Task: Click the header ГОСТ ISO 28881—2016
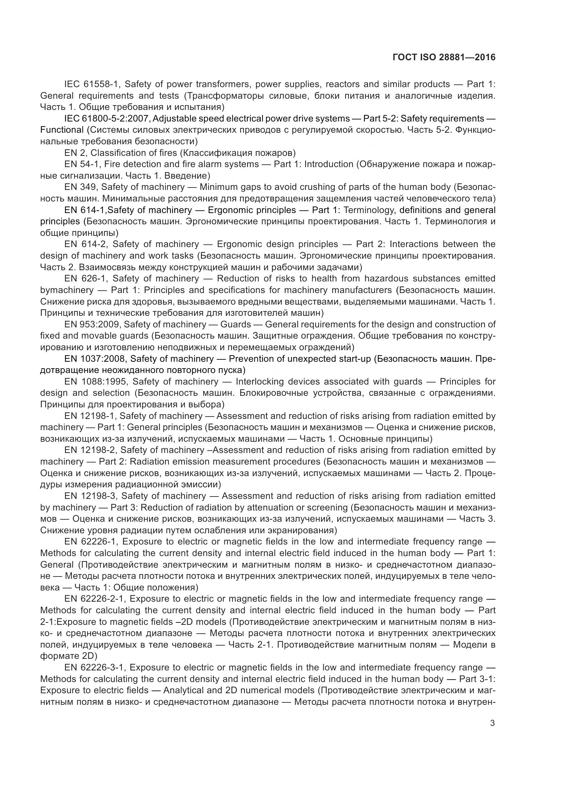click(444, 58)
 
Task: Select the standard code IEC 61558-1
click(92, 84)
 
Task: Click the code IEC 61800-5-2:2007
click(107, 118)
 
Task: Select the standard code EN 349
click(81, 187)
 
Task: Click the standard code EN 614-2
click(86, 244)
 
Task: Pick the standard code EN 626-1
click(86, 279)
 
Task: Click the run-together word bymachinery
click(67, 290)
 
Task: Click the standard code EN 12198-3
click(91, 496)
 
